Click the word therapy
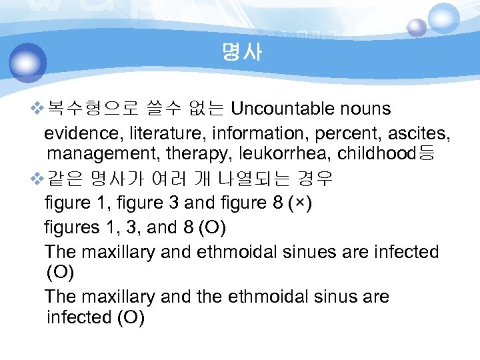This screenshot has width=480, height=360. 191,154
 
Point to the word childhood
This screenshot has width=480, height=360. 376,154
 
